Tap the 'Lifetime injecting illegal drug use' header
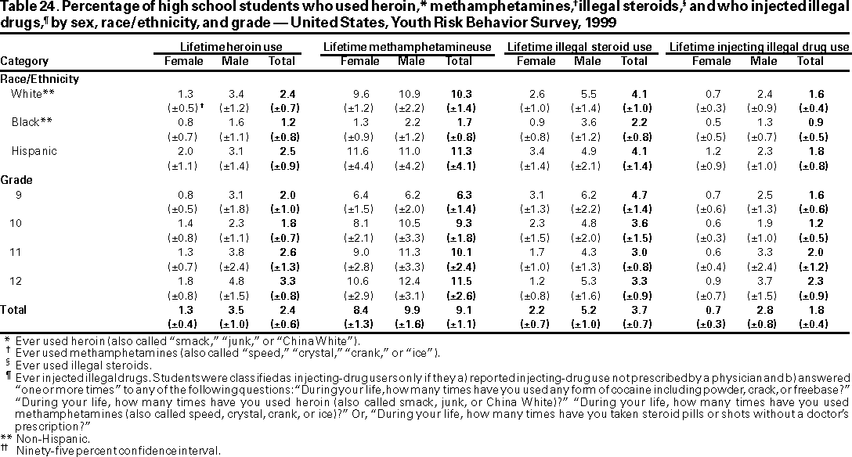click(x=759, y=47)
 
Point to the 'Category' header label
click(x=24, y=61)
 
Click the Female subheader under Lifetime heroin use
click(x=182, y=61)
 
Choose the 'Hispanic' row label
click(x=34, y=150)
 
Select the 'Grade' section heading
click(x=16, y=179)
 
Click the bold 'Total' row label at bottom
click(x=14, y=310)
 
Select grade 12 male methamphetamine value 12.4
click(x=412, y=280)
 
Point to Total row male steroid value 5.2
click(x=587, y=310)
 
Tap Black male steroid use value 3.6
click(x=587, y=122)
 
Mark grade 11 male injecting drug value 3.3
click(x=758, y=251)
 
